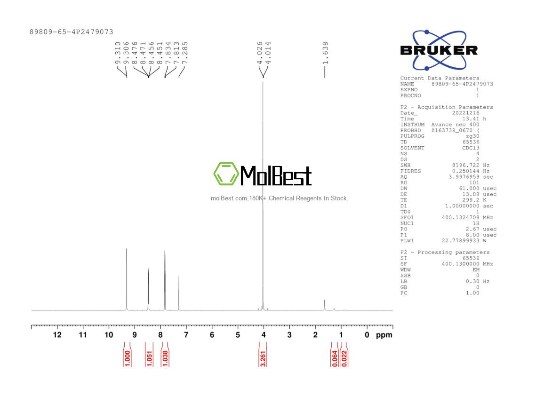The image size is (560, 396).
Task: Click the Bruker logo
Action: click(439, 50)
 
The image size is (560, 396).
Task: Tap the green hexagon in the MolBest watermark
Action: click(226, 174)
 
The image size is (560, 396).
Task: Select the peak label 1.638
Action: click(325, 53)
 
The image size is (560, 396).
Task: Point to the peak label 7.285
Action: click(184, 53)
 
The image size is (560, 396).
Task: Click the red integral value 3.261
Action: click(263, 359)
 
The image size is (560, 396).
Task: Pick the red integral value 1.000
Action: click(127, 359)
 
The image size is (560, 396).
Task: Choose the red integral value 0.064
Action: click(335, 359)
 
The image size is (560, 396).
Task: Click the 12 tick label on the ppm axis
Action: click(57, 335)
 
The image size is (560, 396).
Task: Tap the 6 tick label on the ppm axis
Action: click(212, 335)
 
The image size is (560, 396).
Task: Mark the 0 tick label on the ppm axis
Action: click(367, 335)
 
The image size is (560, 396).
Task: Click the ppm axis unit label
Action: click(384, 335)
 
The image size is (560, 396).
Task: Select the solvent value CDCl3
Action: click(471, 148)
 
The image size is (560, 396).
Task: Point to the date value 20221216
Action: click(466, 113)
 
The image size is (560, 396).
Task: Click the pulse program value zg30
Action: click(472, 136)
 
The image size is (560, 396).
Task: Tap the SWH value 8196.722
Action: click(466, 166)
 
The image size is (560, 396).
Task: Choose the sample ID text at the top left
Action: click(72, 32)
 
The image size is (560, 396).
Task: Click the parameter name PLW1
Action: click(407, 241)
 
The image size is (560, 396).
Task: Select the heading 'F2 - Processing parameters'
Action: click(445, 252)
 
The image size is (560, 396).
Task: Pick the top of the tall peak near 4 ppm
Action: click(263, 82)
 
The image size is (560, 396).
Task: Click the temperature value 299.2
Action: click(471, 200)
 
